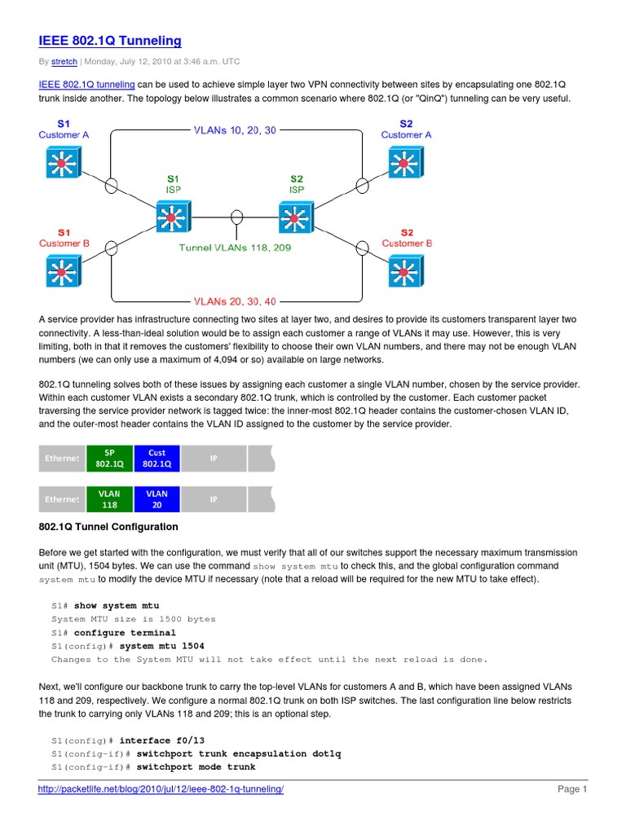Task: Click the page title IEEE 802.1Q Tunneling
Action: pyautogui.click(x=110, y=41)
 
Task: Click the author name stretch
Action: pyautogui.click(x=64, y=62)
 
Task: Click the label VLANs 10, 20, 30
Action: pyautogui.click(x=235, y=129)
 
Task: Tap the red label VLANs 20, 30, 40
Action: pyautogui.click(x=235, y=301)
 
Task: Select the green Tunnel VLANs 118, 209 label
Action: pyautogui.click(x=236, y=248)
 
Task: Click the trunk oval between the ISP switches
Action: pyautogui.click(x=236, y=217)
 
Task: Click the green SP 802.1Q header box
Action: pyautogui.click(x=109, y=459)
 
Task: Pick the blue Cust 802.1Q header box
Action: pyautogui.click(x=156, y=459)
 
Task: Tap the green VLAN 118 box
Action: pyautogui.click(x=109, y=499)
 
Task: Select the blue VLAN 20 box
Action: pyautogui.click(x=156, y=499)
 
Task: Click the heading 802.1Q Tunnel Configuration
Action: pyautogui.click(x=108, y=527)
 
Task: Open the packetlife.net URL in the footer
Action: pyautogui.click(x=161, y=789)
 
